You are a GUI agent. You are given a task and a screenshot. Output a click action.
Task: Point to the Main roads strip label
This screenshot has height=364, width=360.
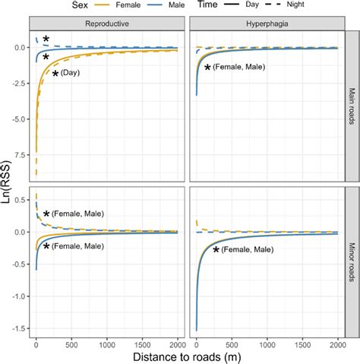tap(352, 105)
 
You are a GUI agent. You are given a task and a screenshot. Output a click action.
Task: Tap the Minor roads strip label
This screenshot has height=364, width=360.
tap(352, 261)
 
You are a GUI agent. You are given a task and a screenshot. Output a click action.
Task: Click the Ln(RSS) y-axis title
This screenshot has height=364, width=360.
tap(7, 182)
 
